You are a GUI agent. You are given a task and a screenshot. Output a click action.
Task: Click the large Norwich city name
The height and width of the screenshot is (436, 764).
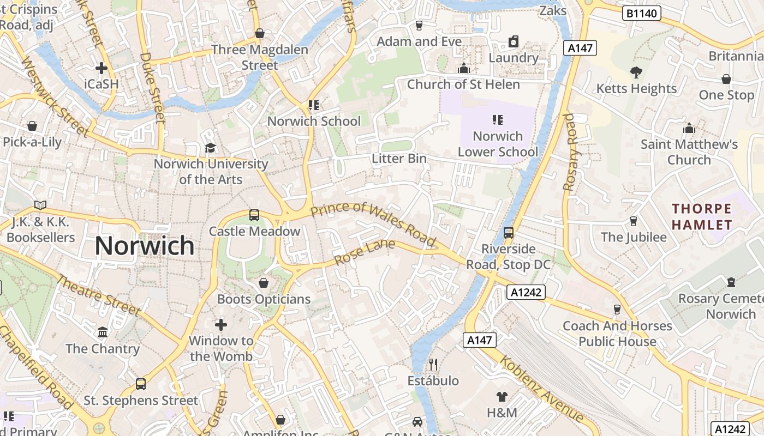[x=145, y=246]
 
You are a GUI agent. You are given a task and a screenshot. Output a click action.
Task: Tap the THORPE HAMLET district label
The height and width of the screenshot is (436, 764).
[x=702, y=216]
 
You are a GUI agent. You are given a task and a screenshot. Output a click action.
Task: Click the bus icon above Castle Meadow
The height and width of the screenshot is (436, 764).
[x=254, y=215]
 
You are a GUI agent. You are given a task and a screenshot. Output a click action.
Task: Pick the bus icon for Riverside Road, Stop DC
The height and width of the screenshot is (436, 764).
[x=509, y=233]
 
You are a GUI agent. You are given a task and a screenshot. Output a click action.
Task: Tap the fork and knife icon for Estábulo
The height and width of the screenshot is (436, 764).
[x=433, y=364]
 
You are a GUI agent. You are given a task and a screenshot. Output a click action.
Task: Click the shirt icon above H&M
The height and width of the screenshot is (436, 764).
[x=502, y=396]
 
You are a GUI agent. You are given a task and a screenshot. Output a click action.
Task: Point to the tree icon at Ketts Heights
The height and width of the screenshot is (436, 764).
[x=636, y=72]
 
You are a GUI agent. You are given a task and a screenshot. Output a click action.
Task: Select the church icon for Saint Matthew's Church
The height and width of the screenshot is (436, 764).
[x=689, y=128]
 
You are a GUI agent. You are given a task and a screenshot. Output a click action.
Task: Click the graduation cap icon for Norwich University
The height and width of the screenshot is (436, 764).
[x=210, y=148]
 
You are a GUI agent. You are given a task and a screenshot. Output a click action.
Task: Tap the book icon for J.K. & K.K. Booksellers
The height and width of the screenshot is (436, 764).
[x=40, y=205]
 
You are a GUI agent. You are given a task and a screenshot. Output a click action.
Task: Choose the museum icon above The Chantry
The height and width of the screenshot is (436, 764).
[x=103, y=332]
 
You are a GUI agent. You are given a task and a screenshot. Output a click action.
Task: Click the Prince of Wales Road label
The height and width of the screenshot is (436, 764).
[x=374, y=223]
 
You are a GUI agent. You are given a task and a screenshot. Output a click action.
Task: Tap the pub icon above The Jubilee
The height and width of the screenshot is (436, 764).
[x=634, y=221]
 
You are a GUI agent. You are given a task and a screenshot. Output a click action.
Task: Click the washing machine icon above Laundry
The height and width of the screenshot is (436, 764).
[x=513, y=41]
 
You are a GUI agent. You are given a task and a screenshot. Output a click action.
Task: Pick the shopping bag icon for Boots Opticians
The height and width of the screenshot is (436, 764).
[x=264, y=283]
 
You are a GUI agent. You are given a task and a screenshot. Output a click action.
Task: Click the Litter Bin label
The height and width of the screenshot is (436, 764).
[x=399, y=159]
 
